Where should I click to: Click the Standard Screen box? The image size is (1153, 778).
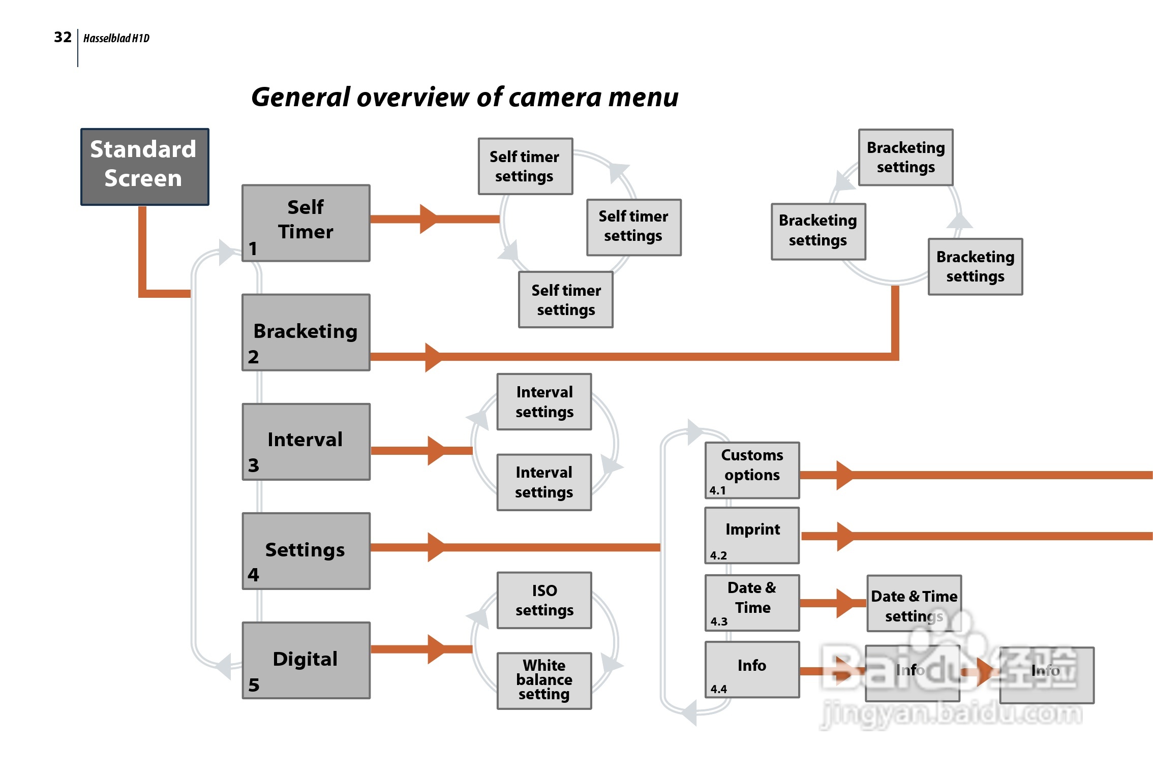pos(144,166)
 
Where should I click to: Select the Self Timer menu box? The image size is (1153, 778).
pos(306,223)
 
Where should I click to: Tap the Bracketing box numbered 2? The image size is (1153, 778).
pos(306,332)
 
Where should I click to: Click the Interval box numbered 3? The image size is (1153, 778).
pos(306,442)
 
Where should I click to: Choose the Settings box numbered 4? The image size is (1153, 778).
pos(306,551)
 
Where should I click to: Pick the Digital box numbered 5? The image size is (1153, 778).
pos(306,660)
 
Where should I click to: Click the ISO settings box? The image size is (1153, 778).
pos(544,600)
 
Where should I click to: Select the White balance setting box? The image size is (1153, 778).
pos(544,680)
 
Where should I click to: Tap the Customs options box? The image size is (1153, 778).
pos(752,470)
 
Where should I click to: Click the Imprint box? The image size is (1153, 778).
pos(752,535)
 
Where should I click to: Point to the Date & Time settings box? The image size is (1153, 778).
pos(914,603)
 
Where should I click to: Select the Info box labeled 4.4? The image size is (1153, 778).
pos(752,669)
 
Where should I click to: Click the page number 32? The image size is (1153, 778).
pos(63,37)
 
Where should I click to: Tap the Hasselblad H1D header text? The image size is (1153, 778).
pos(116,38)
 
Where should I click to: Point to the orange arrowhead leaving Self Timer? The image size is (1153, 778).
pos(428,219)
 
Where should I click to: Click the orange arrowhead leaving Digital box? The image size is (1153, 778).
pos(436,649)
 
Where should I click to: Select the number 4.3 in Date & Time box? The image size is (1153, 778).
pos(719,621)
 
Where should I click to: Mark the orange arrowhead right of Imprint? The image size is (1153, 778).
pos(844,536)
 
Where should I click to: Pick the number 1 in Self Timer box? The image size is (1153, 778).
pos(253,248)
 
